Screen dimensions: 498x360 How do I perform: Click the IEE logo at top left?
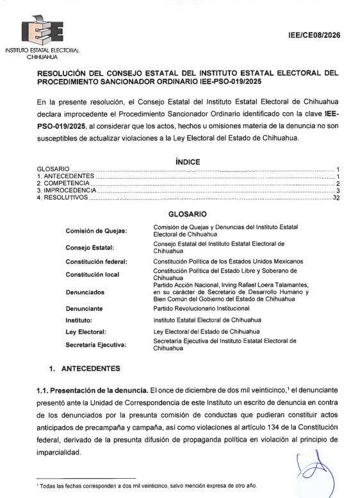(x=41, y=31)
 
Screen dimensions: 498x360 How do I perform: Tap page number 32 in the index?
(x=336, y=199)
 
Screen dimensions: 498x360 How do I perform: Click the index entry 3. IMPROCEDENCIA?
(x=66, y=191)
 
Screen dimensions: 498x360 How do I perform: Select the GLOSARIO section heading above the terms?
(x=187, y=213)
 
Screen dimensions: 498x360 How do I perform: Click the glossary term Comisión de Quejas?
(x=96, y=231)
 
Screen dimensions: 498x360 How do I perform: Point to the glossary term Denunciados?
(x=86, y=292)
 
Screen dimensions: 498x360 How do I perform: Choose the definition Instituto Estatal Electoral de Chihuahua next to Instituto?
(x=206, y=319)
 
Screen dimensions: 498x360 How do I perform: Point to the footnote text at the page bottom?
(x=160, y=485)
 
